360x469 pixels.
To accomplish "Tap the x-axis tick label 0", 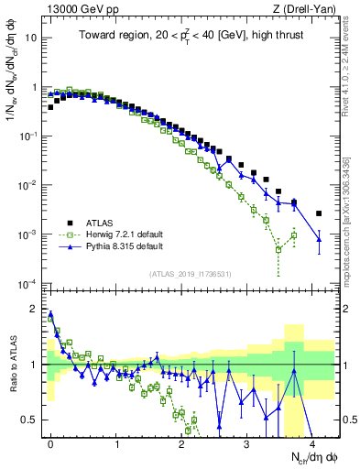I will pos(50,442).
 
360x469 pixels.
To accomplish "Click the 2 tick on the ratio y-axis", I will pos(35,309).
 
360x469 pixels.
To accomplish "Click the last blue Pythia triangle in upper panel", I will pos(319,240).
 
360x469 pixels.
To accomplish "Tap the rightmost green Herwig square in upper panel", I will pos(293,235).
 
